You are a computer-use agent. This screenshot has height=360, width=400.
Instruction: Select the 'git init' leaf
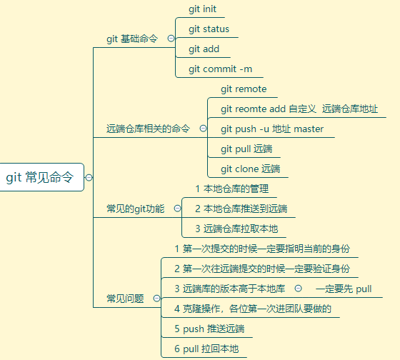coord(202,9)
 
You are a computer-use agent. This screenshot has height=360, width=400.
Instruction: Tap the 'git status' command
coord(209,29)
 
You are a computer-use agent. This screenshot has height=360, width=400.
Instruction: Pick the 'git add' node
coord(204,49)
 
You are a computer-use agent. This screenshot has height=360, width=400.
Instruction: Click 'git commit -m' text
coord(221,69)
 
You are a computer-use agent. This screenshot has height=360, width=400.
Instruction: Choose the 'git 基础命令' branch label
coord(132,39)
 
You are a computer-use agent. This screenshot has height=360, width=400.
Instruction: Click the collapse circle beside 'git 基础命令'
coord(171,39)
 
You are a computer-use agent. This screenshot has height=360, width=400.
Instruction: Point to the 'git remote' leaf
coord(244,89)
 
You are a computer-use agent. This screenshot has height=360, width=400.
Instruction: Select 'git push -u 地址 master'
coord(272,129)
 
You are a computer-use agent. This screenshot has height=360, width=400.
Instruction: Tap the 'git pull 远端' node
coord(246,149)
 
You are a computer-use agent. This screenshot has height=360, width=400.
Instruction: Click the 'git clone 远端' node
coord(250,169)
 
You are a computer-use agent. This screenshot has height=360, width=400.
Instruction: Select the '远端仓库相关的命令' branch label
coord(148,129)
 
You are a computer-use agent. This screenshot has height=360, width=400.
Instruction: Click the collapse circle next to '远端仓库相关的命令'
coord(203,128)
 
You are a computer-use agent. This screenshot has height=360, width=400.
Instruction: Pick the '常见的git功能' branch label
coord(136,209)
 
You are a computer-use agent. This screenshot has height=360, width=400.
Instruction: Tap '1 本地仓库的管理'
coord(232,189)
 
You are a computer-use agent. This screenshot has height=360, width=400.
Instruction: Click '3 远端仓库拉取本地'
coord(236,229)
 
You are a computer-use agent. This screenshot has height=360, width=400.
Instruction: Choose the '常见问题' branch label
coord(125,299)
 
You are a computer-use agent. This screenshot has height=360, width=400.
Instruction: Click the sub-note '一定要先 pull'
coord(344,289)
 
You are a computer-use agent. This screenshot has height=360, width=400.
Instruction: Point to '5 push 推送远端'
coord(209,329)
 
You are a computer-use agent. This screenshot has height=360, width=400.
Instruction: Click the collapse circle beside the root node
coord(89,177)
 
